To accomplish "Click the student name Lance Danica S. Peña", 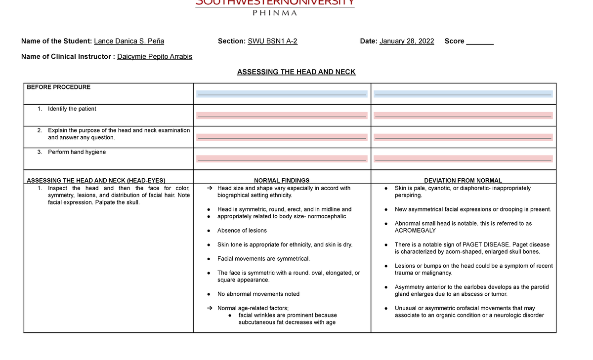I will click(x=129, y=41).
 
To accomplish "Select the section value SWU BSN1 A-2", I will click(x=272, y=41).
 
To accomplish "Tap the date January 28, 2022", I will click(x=407, y=41).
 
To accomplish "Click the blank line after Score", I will click(x=480, y=41).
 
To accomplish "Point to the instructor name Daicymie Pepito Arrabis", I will click(x=155, y=56).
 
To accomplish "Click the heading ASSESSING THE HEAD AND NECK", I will click(x=296, y=72).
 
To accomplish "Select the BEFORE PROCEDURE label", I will click(x=58, y=87).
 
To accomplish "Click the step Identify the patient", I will click(x=72, y=109).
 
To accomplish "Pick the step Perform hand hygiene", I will click(x=77, y=152).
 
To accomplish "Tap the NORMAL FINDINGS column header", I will click(x=281, y=181).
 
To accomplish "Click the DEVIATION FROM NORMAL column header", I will click(x=463, y=181).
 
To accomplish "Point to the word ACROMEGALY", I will click(x=415, y=231).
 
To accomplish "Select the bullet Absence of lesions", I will click(x=242, y=231).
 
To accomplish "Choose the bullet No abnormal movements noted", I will click(x=258, y=294).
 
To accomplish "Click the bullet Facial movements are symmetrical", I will click(x=263, y=259).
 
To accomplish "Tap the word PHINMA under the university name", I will click(x=275, y=13).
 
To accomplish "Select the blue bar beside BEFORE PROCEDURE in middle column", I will click(x=282, y=94).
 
